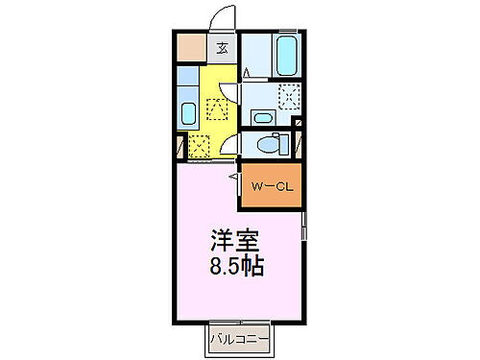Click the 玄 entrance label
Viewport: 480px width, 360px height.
222,48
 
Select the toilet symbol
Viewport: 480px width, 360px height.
270,144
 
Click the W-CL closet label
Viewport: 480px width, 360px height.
271,185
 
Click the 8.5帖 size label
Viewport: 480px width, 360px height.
235,262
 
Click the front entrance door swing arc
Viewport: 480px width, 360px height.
222,19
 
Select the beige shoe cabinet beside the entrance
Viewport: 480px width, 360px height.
191,47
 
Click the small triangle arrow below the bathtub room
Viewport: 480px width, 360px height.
247,73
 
